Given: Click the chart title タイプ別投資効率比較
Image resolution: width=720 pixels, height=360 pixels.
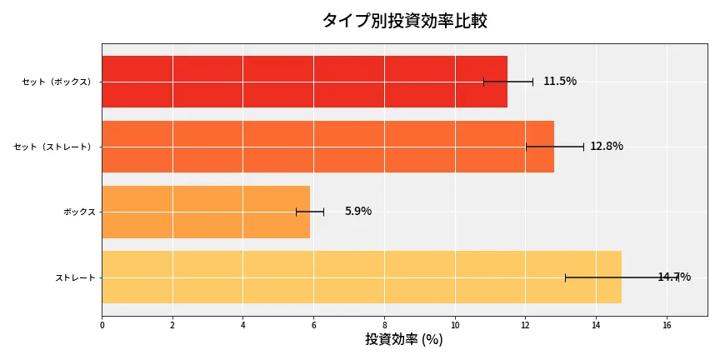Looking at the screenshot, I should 404,21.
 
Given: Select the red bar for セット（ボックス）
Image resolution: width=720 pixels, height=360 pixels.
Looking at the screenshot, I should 304,82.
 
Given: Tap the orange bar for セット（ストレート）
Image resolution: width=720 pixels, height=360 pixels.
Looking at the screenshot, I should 327,147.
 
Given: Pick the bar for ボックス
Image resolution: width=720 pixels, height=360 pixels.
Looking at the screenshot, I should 206,212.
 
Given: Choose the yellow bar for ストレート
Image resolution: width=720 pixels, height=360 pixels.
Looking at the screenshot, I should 362,277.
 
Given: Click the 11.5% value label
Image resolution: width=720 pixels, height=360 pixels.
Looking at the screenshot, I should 560,82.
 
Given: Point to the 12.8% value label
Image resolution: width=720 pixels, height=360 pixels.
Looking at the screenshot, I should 607,147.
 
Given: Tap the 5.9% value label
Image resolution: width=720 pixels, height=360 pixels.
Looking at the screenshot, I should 358,212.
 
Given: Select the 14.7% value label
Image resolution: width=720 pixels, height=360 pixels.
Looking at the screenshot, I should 674,277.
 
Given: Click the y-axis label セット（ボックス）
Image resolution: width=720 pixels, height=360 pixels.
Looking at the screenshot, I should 57,82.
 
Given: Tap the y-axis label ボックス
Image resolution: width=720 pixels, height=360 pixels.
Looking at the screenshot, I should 79,212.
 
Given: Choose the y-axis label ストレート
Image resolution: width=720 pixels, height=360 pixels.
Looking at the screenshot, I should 75,277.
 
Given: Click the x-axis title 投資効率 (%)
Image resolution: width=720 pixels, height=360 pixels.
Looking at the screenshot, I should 404,340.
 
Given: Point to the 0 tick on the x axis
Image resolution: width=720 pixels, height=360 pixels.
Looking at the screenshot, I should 102,325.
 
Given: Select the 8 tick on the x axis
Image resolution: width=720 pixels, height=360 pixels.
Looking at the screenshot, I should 384,325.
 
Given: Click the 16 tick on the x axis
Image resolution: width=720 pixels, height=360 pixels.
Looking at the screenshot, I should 667,325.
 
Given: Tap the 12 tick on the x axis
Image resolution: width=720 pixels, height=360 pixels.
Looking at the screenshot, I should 525,325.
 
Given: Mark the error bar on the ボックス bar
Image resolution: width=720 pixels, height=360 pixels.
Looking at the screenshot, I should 310,212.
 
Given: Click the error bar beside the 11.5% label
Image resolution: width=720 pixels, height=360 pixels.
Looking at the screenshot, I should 508,82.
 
